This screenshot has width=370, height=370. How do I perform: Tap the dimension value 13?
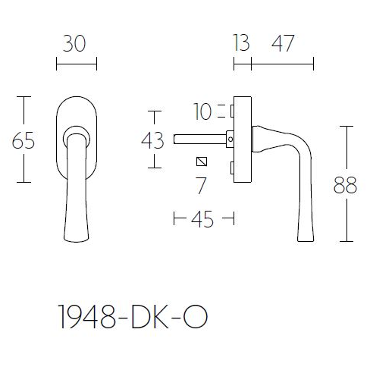[x=241, y=43]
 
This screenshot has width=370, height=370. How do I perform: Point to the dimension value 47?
[x=282, y=43]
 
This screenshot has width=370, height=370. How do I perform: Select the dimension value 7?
[x=201, y=184]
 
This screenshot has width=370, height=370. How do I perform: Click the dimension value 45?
[x=202, y=221]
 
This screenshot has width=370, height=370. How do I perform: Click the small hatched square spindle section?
[x=201, y=161]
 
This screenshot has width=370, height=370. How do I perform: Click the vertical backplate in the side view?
[x=243, y=140]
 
